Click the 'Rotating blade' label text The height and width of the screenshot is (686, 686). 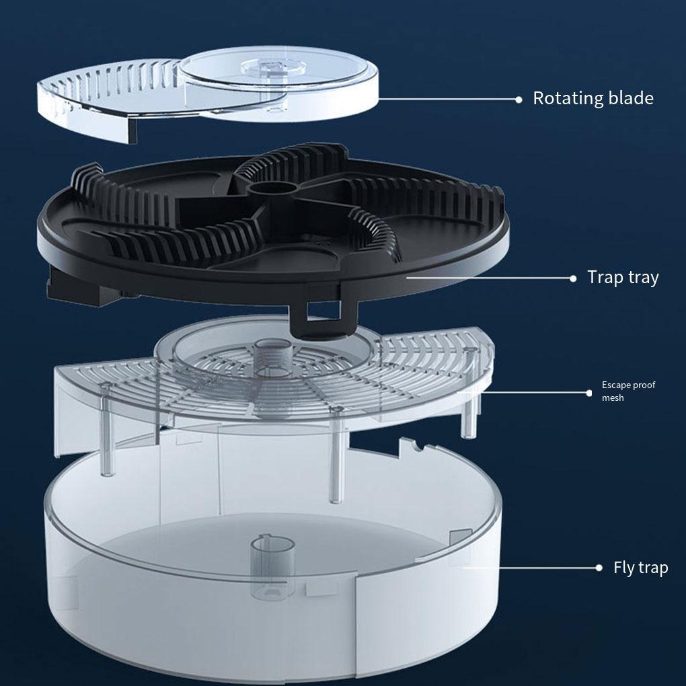(x=593, y=98)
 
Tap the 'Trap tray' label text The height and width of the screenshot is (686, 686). (x=623, y=277)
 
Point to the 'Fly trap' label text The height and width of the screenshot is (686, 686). (x=640, y=568)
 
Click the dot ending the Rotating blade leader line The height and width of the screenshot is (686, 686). (x=519, y=99)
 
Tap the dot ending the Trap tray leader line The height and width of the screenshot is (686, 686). (x=573, y=277)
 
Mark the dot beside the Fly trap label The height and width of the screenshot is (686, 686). (x=599, y=568)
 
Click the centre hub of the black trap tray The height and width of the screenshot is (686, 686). (x=272, y=191)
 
